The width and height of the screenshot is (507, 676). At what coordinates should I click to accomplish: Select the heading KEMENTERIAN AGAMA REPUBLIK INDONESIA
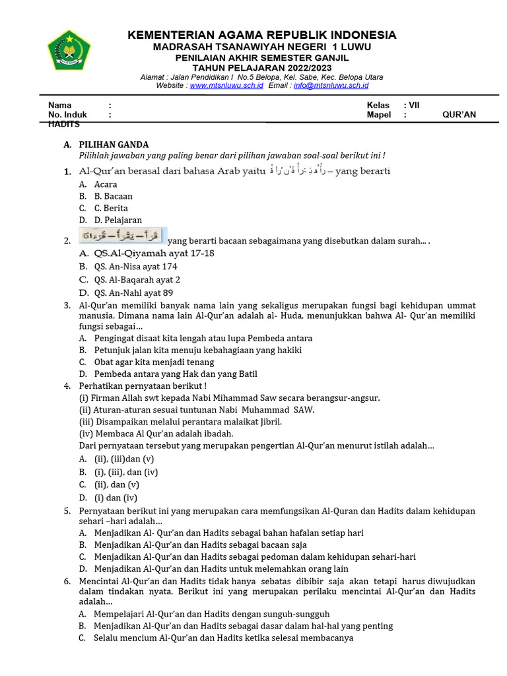(262, 35)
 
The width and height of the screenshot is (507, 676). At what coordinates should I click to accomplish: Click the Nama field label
(59, 105)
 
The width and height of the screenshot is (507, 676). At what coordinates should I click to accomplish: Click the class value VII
(414, 105)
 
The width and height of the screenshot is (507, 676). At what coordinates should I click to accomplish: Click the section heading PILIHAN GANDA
(114, 145)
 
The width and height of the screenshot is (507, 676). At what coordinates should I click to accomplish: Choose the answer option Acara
(106, 184)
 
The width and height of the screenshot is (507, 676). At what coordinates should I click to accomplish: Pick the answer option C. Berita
(111, 208)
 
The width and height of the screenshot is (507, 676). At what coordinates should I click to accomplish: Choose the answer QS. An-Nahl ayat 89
(133, 293)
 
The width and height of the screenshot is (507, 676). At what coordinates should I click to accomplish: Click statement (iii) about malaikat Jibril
(180, 422)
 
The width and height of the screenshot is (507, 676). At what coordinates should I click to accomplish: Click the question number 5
(67, 511)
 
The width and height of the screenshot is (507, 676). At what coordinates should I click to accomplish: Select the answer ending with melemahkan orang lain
(221, 568)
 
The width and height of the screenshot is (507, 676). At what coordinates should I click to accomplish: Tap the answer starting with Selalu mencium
(223, 638)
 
